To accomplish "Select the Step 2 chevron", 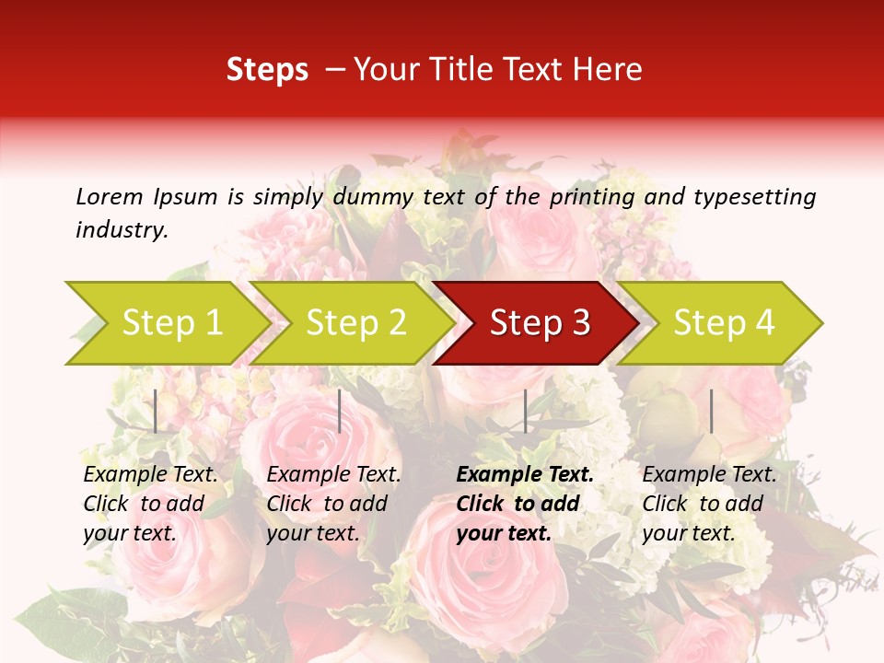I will click(x=355, y=322).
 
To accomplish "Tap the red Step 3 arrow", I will click(x=539, y=322).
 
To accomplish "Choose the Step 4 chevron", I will click(x=724, y=322).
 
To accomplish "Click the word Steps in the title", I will click(x=267, y=69).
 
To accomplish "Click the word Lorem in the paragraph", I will click(x=109, y=196).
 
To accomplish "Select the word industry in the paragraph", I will click(x=122, y=230).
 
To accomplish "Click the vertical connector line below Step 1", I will click(x=156, y=411).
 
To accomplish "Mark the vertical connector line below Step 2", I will click(x=340, y=411).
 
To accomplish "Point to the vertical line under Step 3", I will click(x=525, y=411).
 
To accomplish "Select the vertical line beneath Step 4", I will click(x=711, y=411).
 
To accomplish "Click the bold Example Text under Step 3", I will click(x=525, y=475).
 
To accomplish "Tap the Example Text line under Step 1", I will click(x=150, y=475).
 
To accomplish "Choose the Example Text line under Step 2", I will click(x=333, y=475).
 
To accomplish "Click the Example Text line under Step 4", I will click(x=709, y=475).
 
